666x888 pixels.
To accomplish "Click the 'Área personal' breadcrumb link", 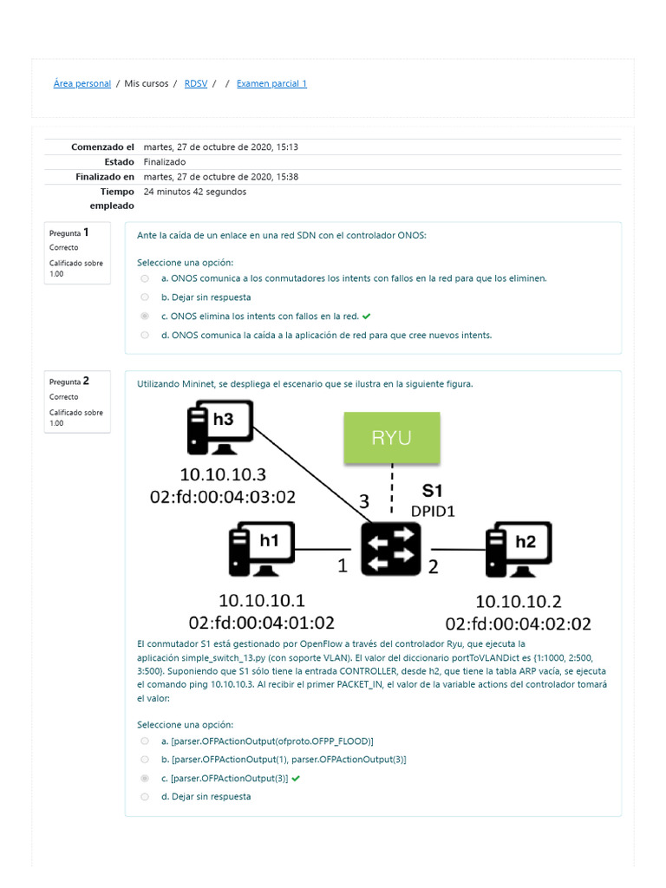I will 82,84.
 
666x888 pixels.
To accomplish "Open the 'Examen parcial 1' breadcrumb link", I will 271,84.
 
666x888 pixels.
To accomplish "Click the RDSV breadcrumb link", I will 196,84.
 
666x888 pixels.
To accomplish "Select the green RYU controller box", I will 392,437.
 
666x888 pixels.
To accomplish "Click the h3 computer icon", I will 220,428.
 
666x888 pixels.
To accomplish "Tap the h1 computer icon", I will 261,549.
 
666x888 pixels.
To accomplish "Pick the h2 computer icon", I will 519,549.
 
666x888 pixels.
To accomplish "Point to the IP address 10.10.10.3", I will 223,475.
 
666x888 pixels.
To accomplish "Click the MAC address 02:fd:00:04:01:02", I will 262,622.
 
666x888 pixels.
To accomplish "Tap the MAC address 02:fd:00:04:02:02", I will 519,624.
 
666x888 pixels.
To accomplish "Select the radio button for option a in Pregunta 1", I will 144,278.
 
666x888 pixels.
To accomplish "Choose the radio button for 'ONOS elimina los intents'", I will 144,317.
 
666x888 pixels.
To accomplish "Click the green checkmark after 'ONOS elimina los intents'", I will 367,317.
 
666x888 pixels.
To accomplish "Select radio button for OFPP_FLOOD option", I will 144,741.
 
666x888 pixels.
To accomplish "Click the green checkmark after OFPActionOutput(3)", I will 297,779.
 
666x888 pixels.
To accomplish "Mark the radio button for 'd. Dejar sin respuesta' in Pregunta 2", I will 144,796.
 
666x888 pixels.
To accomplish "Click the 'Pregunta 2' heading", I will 69,381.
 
